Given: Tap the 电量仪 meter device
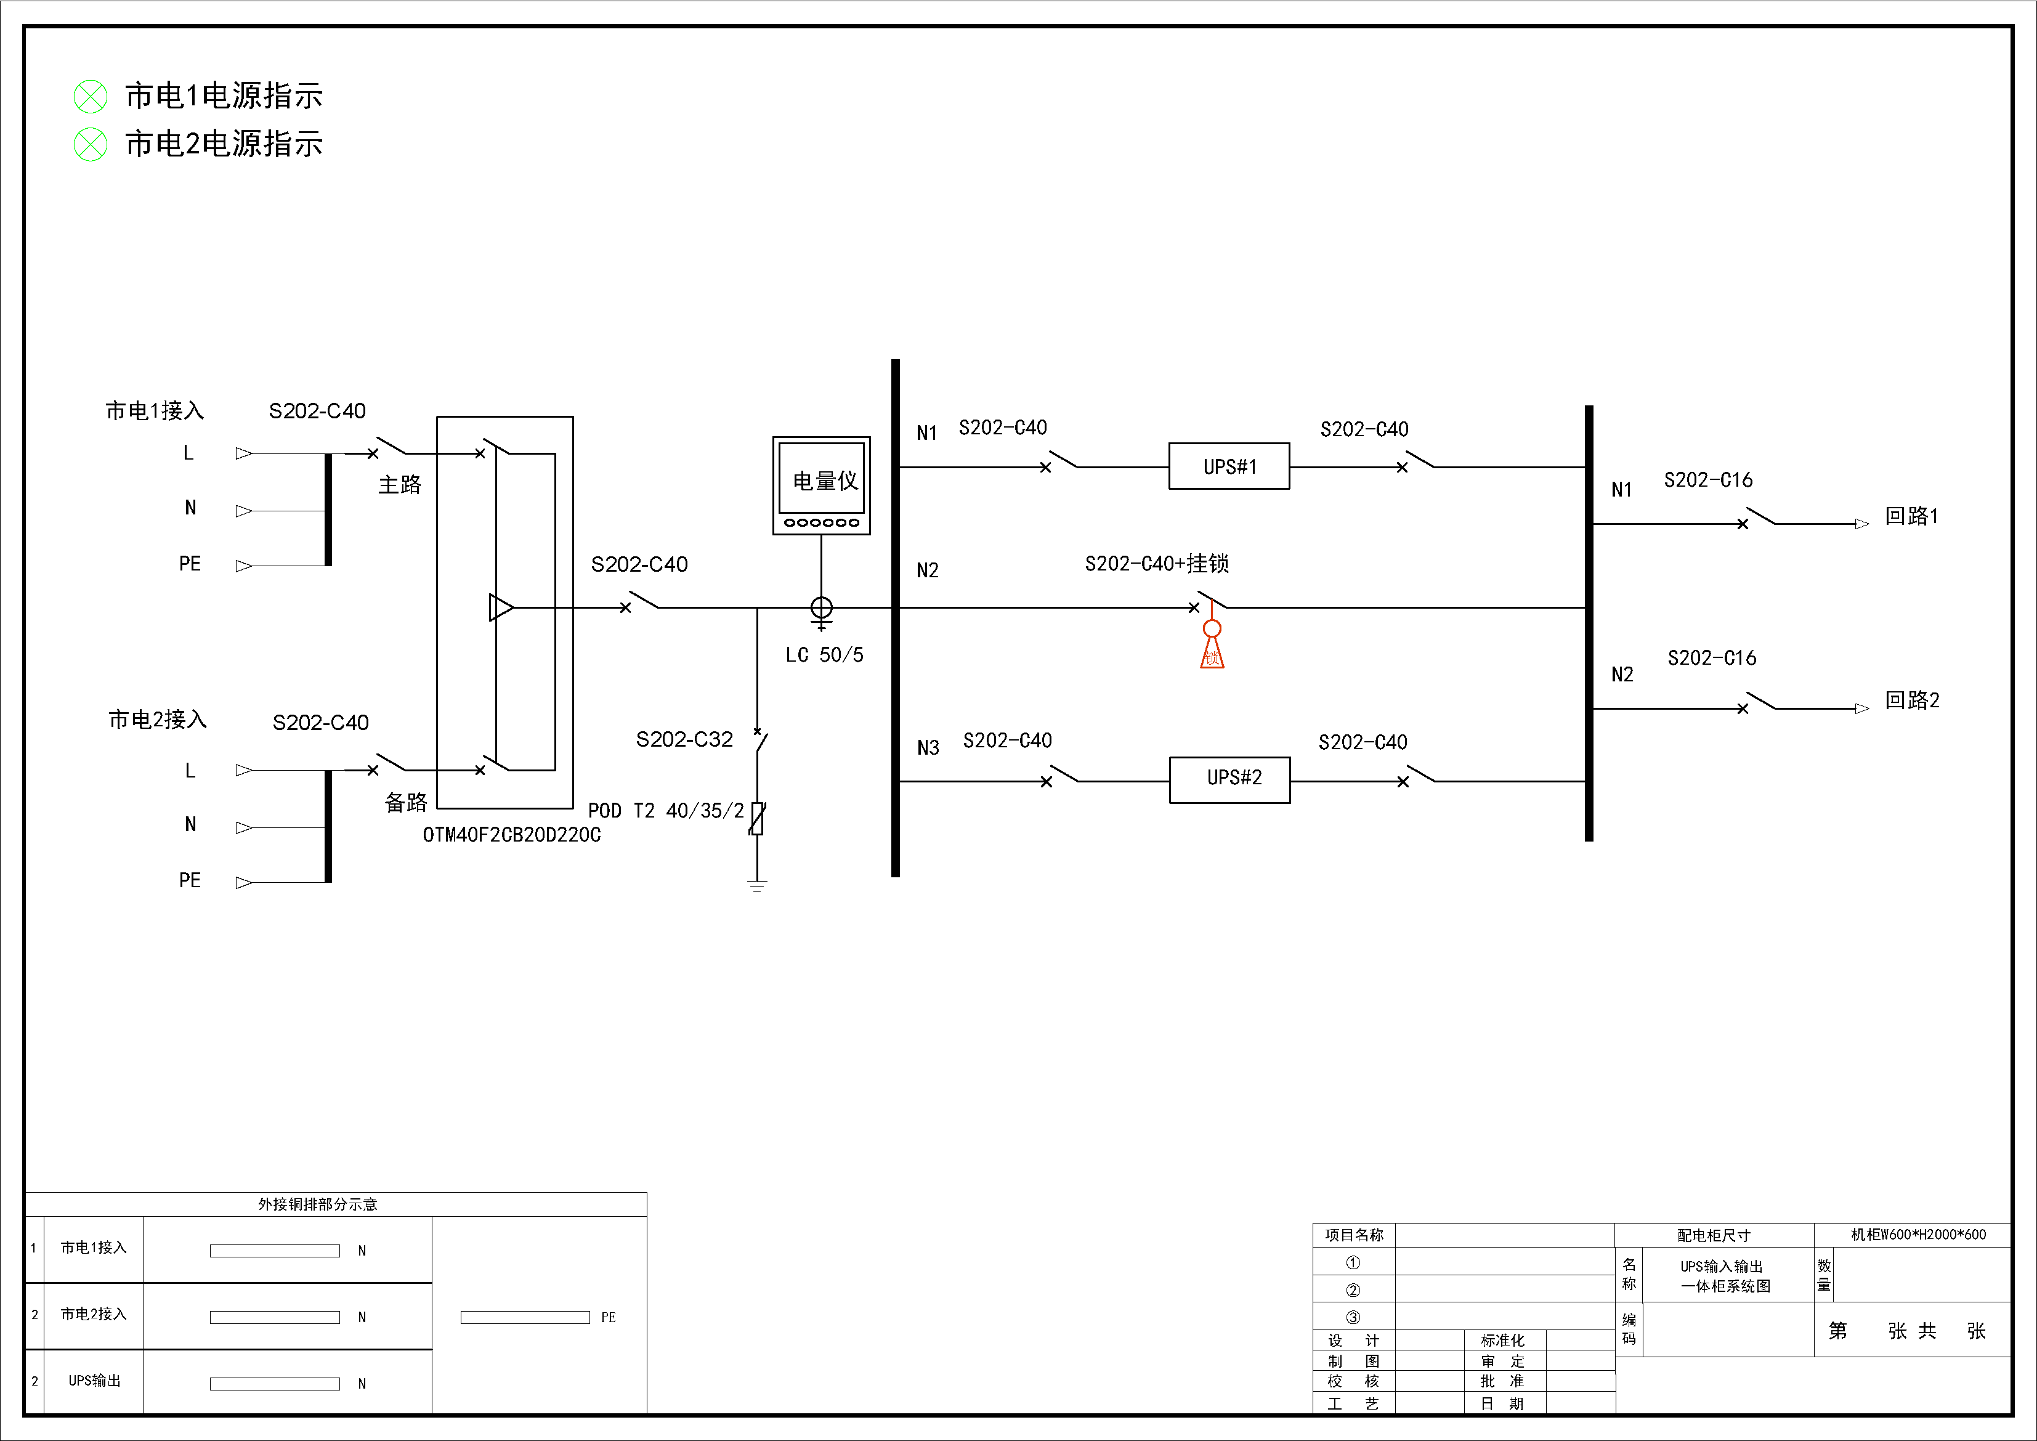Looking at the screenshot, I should coord(822,484).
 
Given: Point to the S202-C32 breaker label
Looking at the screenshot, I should coord(684,739).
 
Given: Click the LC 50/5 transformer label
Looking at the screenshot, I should coord(824,655).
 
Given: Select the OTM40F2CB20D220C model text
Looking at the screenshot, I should coord(512,835).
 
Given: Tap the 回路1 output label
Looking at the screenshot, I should coord(1912,516).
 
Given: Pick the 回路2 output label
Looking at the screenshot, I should coord(1912,700).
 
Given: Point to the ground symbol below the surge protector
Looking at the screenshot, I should coord(757,885).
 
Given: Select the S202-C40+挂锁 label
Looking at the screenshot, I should coord(1156,564).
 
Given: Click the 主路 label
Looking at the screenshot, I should coord(400,484).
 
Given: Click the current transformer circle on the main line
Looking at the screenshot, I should coord(822,608).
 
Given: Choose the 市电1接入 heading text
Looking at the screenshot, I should coord(155,411).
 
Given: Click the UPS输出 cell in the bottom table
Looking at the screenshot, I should coord(94,1381).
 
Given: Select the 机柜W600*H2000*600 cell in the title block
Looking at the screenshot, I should coord(1918,1234).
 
